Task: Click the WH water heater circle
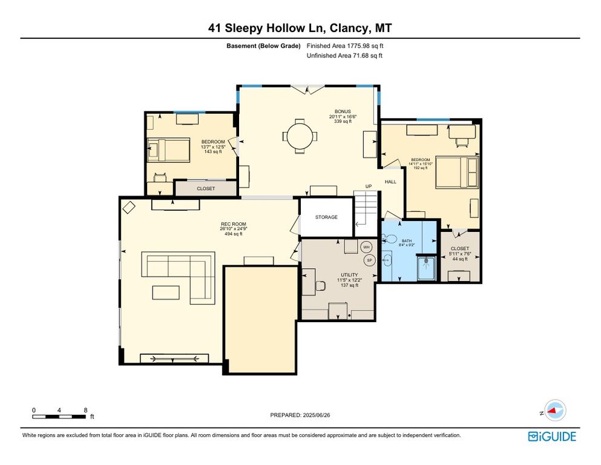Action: (x=367, y=247)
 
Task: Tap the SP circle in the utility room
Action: (x=369, y=260)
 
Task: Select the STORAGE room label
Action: (x=326, y=217)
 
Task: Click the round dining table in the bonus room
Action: (x=300, y=136)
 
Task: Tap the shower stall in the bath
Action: (x=427, y=268)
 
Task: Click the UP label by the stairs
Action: (x=368, y=186)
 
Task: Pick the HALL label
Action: (x=390, y=182)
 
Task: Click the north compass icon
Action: (x=553, y=411)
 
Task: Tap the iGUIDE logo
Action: (x=552, y=437)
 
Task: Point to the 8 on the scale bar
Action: (x=85, y=410)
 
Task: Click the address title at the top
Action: (x=300, y=28)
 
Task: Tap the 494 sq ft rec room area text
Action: (x=234, y=234)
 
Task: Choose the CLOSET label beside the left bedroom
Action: (x=206, y=189)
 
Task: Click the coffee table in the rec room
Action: (x=166, y=292)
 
